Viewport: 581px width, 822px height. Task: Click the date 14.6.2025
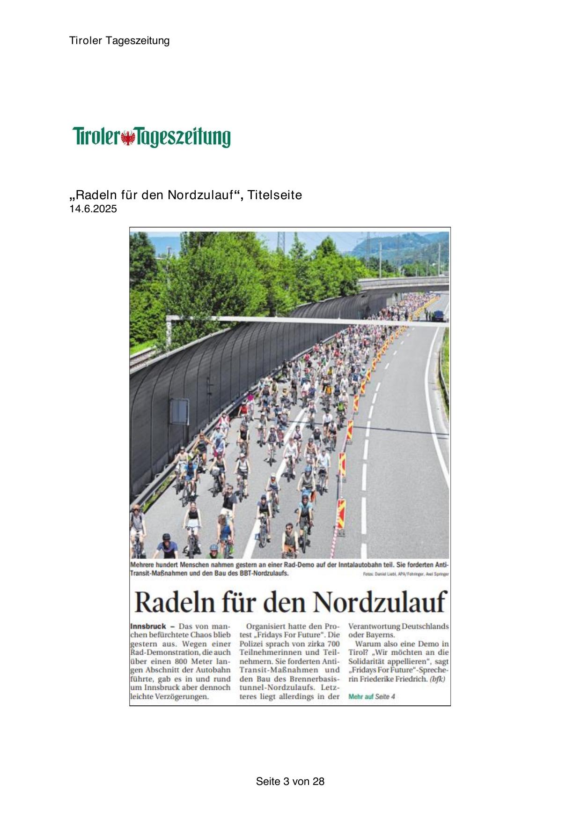coord(93,209)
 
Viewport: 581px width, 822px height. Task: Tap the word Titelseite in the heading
coord(275,195)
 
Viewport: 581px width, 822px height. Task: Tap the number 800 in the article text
coord(177,662)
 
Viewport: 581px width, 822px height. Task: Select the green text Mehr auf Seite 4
coord(371,697)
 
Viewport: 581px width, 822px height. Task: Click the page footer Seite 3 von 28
coord(290,781)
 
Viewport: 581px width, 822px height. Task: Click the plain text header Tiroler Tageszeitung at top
coord(119,41)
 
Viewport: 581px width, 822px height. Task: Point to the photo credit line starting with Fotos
coord(405,574)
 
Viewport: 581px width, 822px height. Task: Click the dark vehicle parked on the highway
coord(438,316)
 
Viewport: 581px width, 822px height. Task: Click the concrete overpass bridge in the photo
coord(403,283)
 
